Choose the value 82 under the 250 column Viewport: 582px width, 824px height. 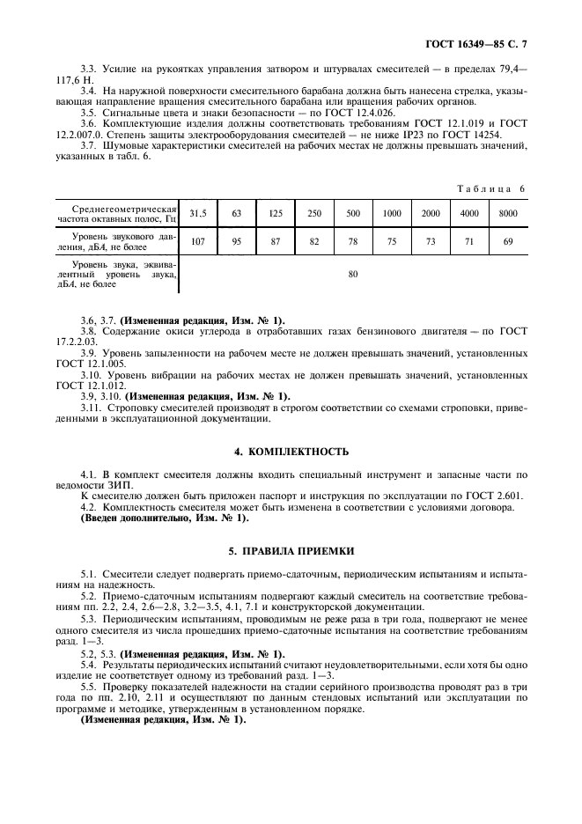pyautogui.click(x=313, y=241)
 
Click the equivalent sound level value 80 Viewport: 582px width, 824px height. pyautogui.click(x=352, y=274)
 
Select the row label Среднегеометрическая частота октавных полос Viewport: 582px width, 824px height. pyautogui.click(x=116, y=213)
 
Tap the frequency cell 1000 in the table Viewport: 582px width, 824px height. pyautogui.click(x=392, y=213)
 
